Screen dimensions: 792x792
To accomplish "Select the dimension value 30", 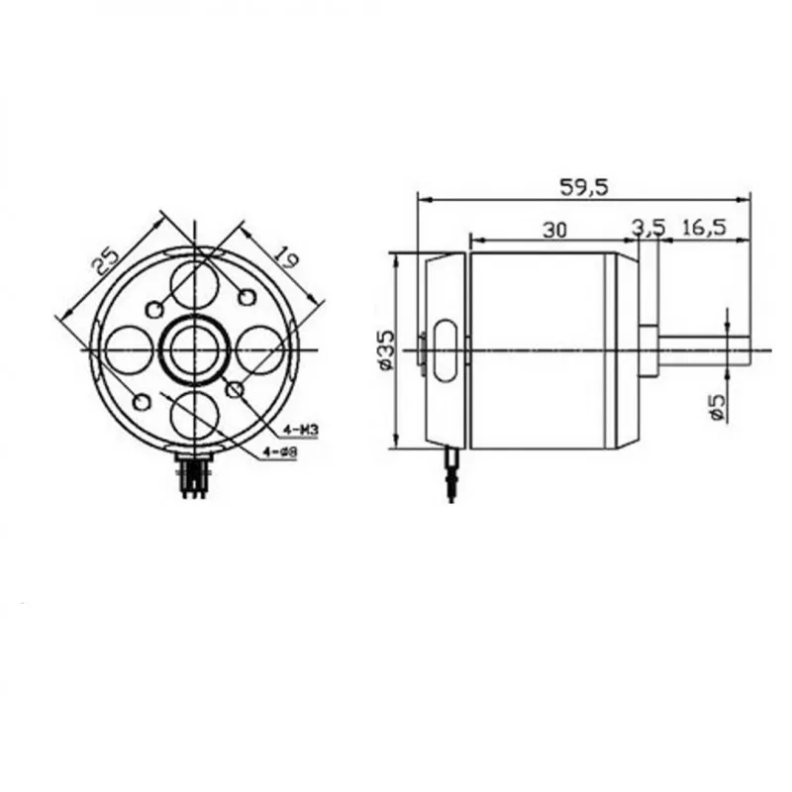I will point(554,229).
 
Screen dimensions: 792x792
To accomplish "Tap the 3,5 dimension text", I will point(648,229).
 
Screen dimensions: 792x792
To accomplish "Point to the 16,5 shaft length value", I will point(704,229).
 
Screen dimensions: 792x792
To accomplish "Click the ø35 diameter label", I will point(386,349).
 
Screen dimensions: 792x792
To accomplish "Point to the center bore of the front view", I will point(195,350).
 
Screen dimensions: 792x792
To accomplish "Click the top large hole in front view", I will point(195,284).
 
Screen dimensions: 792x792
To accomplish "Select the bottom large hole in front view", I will point(195,414).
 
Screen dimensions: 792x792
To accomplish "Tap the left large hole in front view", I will point(130,350).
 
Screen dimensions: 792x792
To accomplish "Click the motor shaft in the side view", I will point(708,351).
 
